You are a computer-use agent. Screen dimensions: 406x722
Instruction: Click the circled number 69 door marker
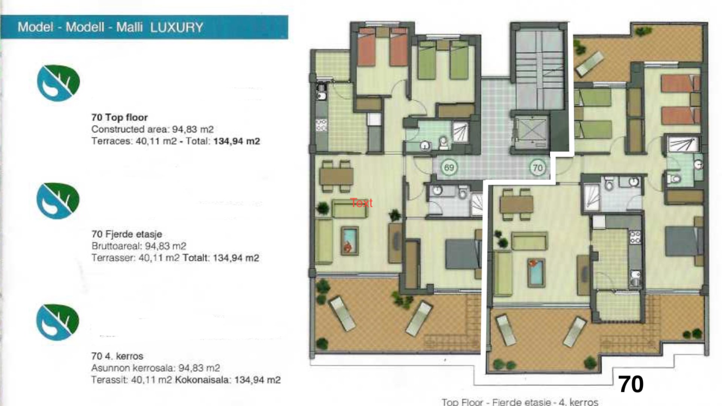tap(449, 167)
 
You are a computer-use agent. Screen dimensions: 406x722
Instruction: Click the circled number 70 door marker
tap(538, 168)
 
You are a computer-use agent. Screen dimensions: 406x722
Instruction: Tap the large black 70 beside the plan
tap(631, 384)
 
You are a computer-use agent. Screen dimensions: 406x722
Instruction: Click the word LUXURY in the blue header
tap(176, 27)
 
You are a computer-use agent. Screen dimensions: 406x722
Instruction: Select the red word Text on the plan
tap(361, 203)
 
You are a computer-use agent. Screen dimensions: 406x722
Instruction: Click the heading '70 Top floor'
tap(120, 117)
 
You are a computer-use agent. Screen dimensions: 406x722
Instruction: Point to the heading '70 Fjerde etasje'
tap(127, 234)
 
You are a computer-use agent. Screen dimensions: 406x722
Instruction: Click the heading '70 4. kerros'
tap(117, 356)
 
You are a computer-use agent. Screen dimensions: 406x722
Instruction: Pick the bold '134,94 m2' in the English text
tap(237, 141)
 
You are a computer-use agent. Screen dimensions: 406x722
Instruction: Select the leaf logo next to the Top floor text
tap(58, 83)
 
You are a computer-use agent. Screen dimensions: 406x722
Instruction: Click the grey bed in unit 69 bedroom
tap(462, 254)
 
